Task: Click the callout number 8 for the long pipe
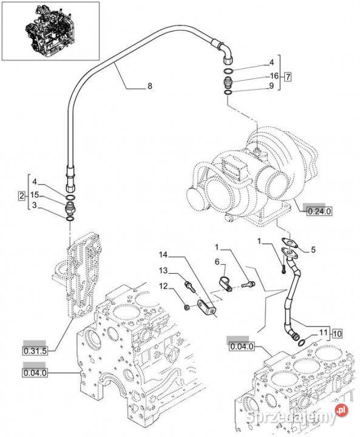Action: [150, 86]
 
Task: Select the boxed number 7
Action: [288, 76]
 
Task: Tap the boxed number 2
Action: [21, 195]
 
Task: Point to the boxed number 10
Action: [337, 334]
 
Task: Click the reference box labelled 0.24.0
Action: [319, 212]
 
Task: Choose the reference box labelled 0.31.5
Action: [35, 351]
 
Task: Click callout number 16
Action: [274, 76]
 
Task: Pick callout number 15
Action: [35, 195]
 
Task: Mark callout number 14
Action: [163, 255]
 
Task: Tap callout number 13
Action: [163, 270]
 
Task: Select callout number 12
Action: [164, 286]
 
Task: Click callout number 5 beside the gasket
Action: [313, 249]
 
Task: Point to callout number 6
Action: [217, 262]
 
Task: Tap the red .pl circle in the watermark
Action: [342, 410]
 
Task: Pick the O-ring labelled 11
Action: [302, 342]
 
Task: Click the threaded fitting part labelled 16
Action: [228, 83]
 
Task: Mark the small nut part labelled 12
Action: [188, 307]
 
